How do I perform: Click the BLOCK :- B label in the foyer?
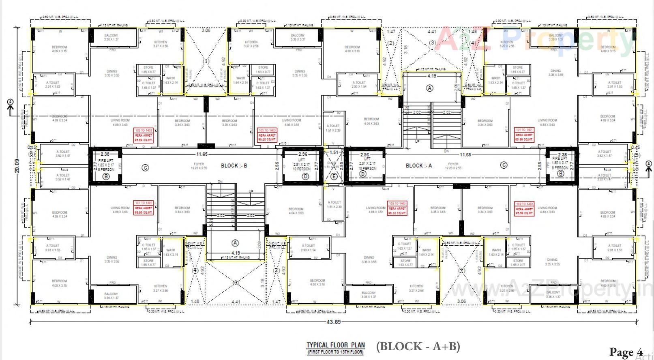[x=234, y=166]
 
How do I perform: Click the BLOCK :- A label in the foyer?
[x=419, y=166]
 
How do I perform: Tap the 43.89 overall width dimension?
[x=333, y=322]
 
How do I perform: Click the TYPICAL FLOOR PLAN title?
[x=335, y=346]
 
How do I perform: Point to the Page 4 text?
[x=626, y=351]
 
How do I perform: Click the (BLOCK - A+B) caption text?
[x=418, y=347]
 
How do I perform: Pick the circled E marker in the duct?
[x=334, y=176]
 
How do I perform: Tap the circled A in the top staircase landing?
[x=430, y=88]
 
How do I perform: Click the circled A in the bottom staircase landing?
[x=235, y=243]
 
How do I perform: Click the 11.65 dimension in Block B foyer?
[x=202, y=154]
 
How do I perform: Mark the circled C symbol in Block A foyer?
[x=504, y=165]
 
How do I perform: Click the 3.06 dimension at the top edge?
[x=206, y=30]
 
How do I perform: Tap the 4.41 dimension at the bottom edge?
[x=236, y=302]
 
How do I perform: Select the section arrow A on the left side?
[x=10, y=103]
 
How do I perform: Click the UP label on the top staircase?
[x=417, y=141]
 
